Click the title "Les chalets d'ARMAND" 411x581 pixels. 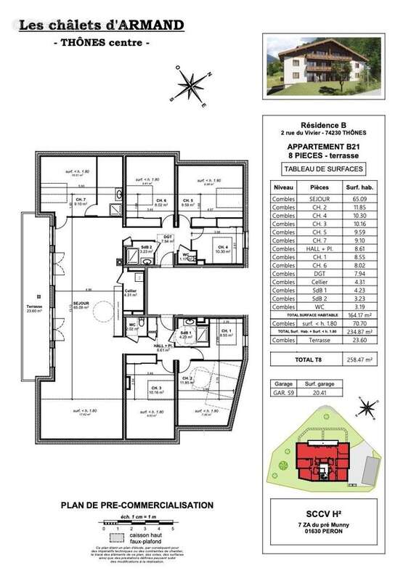(x=101, y=26)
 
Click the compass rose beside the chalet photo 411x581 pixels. (x=190, y=84)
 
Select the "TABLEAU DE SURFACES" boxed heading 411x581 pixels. (x=320, y=170)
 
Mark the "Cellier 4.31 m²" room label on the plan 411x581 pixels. (x=131, y=292)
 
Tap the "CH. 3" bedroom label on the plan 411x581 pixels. (x=155, y=388)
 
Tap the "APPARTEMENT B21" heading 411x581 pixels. (x=320, y=145)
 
